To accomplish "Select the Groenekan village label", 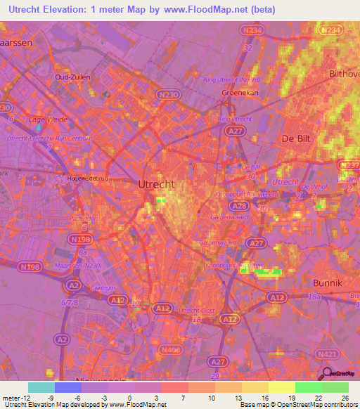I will [x=238, y=91].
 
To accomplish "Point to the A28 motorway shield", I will [x=239, y=205].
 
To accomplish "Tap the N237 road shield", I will [x=349, y=165].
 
